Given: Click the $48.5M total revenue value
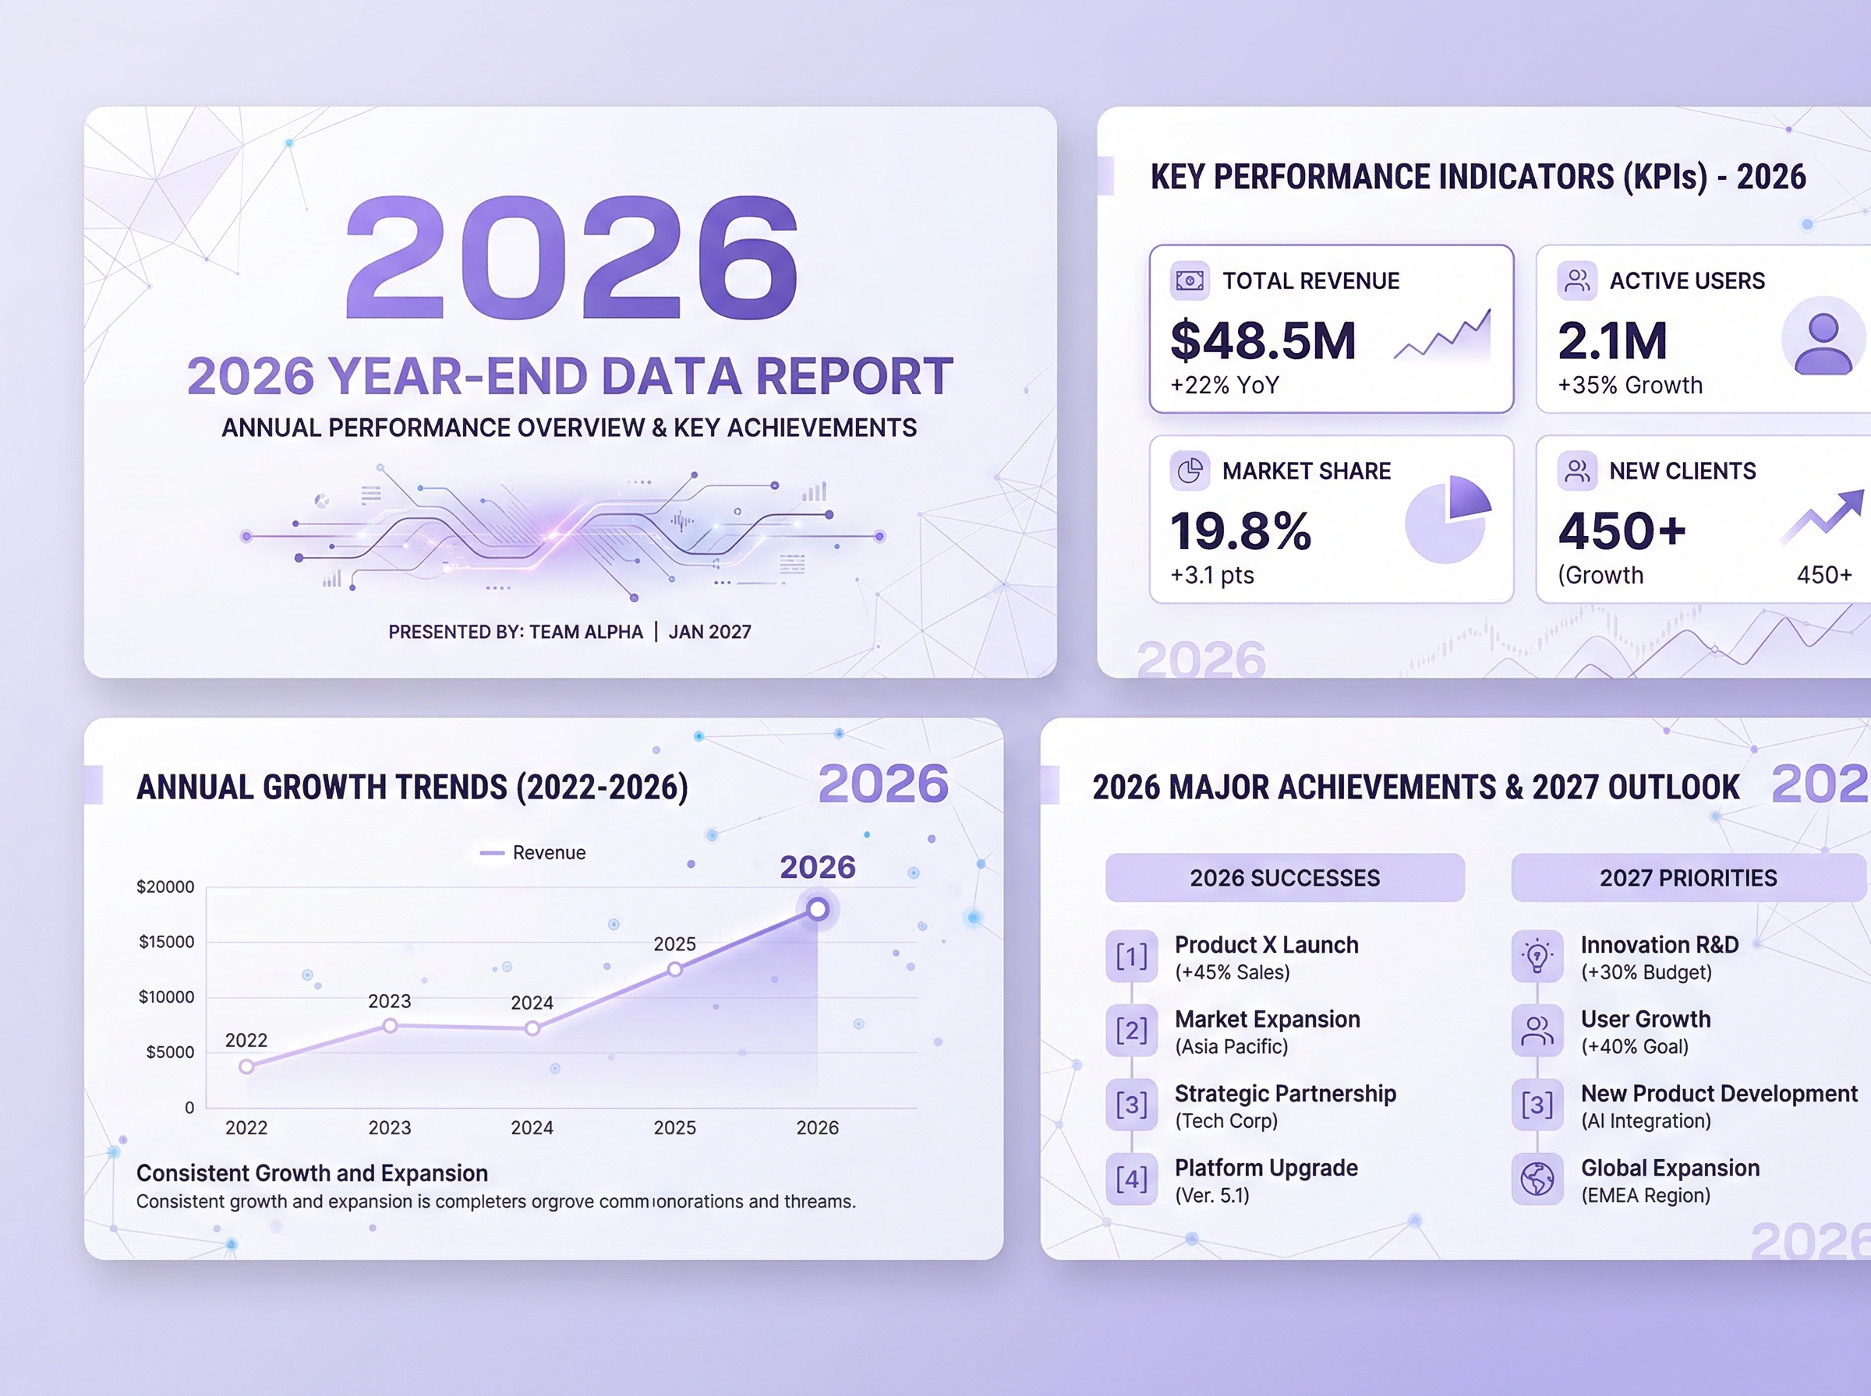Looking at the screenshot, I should click(1262, 340).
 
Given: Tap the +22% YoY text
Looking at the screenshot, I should click(1224, 386).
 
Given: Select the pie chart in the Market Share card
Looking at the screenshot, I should click(1447, 519).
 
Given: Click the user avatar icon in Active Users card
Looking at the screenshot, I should click(1823, 342).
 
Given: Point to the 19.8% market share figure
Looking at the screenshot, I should click(1240, 531).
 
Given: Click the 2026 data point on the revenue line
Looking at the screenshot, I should click(817, 909).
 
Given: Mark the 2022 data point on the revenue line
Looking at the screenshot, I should click(246, 1066).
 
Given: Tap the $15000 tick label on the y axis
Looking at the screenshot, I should click(166, 941).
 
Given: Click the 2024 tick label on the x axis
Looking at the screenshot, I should click(532, 1127).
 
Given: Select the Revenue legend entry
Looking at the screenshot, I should click(533, 853).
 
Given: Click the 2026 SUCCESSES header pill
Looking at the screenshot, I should click(1284, 878).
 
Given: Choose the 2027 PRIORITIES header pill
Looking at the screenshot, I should click(1688, 878).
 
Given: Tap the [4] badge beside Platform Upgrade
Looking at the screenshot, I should click(1131, 1179).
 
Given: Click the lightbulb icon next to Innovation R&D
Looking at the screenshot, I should click(1537, 957).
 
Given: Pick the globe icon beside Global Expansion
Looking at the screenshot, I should click(1537, 1179).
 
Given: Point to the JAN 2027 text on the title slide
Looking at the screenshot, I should click(709, 632).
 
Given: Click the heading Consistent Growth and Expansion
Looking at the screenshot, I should click(312, 1173).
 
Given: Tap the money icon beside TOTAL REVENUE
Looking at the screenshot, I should click(1190, 280).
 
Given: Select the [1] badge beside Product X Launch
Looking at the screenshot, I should click(1131, 957).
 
